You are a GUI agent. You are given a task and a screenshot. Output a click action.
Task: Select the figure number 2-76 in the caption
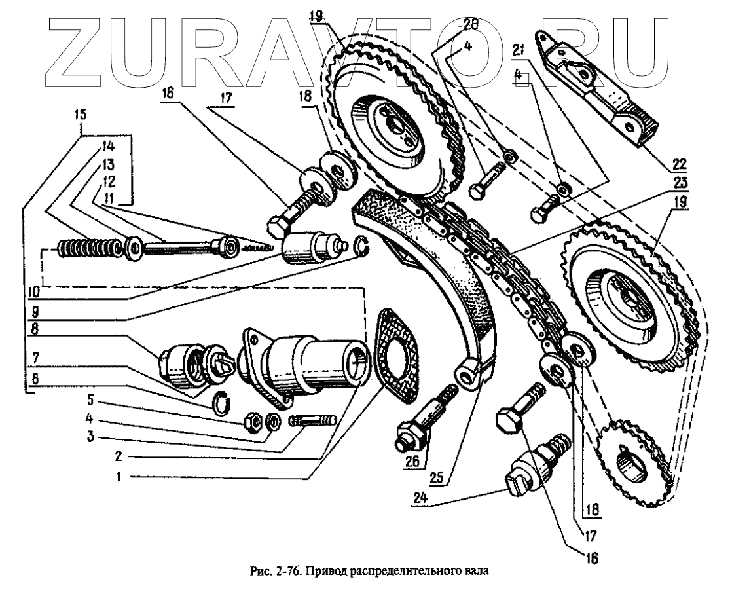click(x=283, y=571)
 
